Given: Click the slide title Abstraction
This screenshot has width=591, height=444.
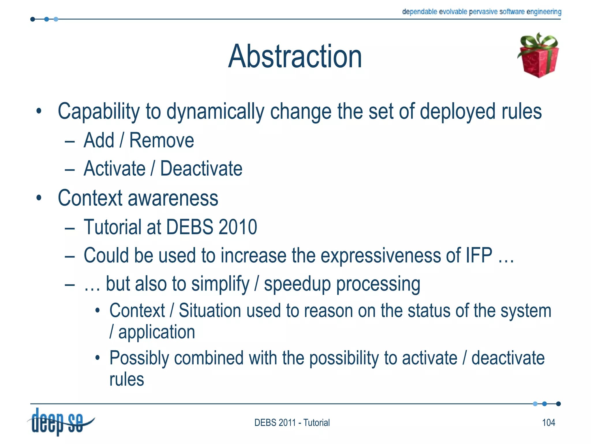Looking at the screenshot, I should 295,56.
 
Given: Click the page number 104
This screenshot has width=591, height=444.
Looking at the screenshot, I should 548,423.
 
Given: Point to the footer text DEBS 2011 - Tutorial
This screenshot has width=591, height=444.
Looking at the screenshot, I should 292,423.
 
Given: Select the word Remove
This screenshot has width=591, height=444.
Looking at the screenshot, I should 162,140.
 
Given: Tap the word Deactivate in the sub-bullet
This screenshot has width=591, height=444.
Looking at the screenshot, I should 201,169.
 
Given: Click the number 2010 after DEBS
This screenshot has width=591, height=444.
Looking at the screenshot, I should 238,227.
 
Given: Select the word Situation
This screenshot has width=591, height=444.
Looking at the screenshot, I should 210,311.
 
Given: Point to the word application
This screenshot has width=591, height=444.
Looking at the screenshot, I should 157,332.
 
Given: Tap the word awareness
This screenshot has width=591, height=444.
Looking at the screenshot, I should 173,198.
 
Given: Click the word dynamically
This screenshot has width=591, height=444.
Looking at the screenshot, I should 215,112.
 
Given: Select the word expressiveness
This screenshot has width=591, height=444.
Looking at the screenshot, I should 381,255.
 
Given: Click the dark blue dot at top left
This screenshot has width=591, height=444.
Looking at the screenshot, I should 33,19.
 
